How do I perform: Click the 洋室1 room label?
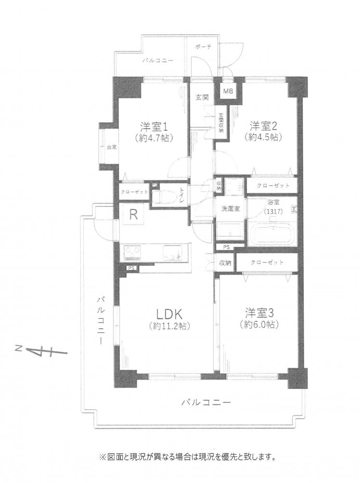coord(154,127)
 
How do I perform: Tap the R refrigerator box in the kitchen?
coord(132,215)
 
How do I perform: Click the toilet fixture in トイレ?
coord(164,197)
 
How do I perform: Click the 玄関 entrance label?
coord(202,98)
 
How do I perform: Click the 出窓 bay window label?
coord(111,147)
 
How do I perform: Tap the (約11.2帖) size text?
coord(167,326)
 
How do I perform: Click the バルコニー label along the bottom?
coord(206,401)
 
